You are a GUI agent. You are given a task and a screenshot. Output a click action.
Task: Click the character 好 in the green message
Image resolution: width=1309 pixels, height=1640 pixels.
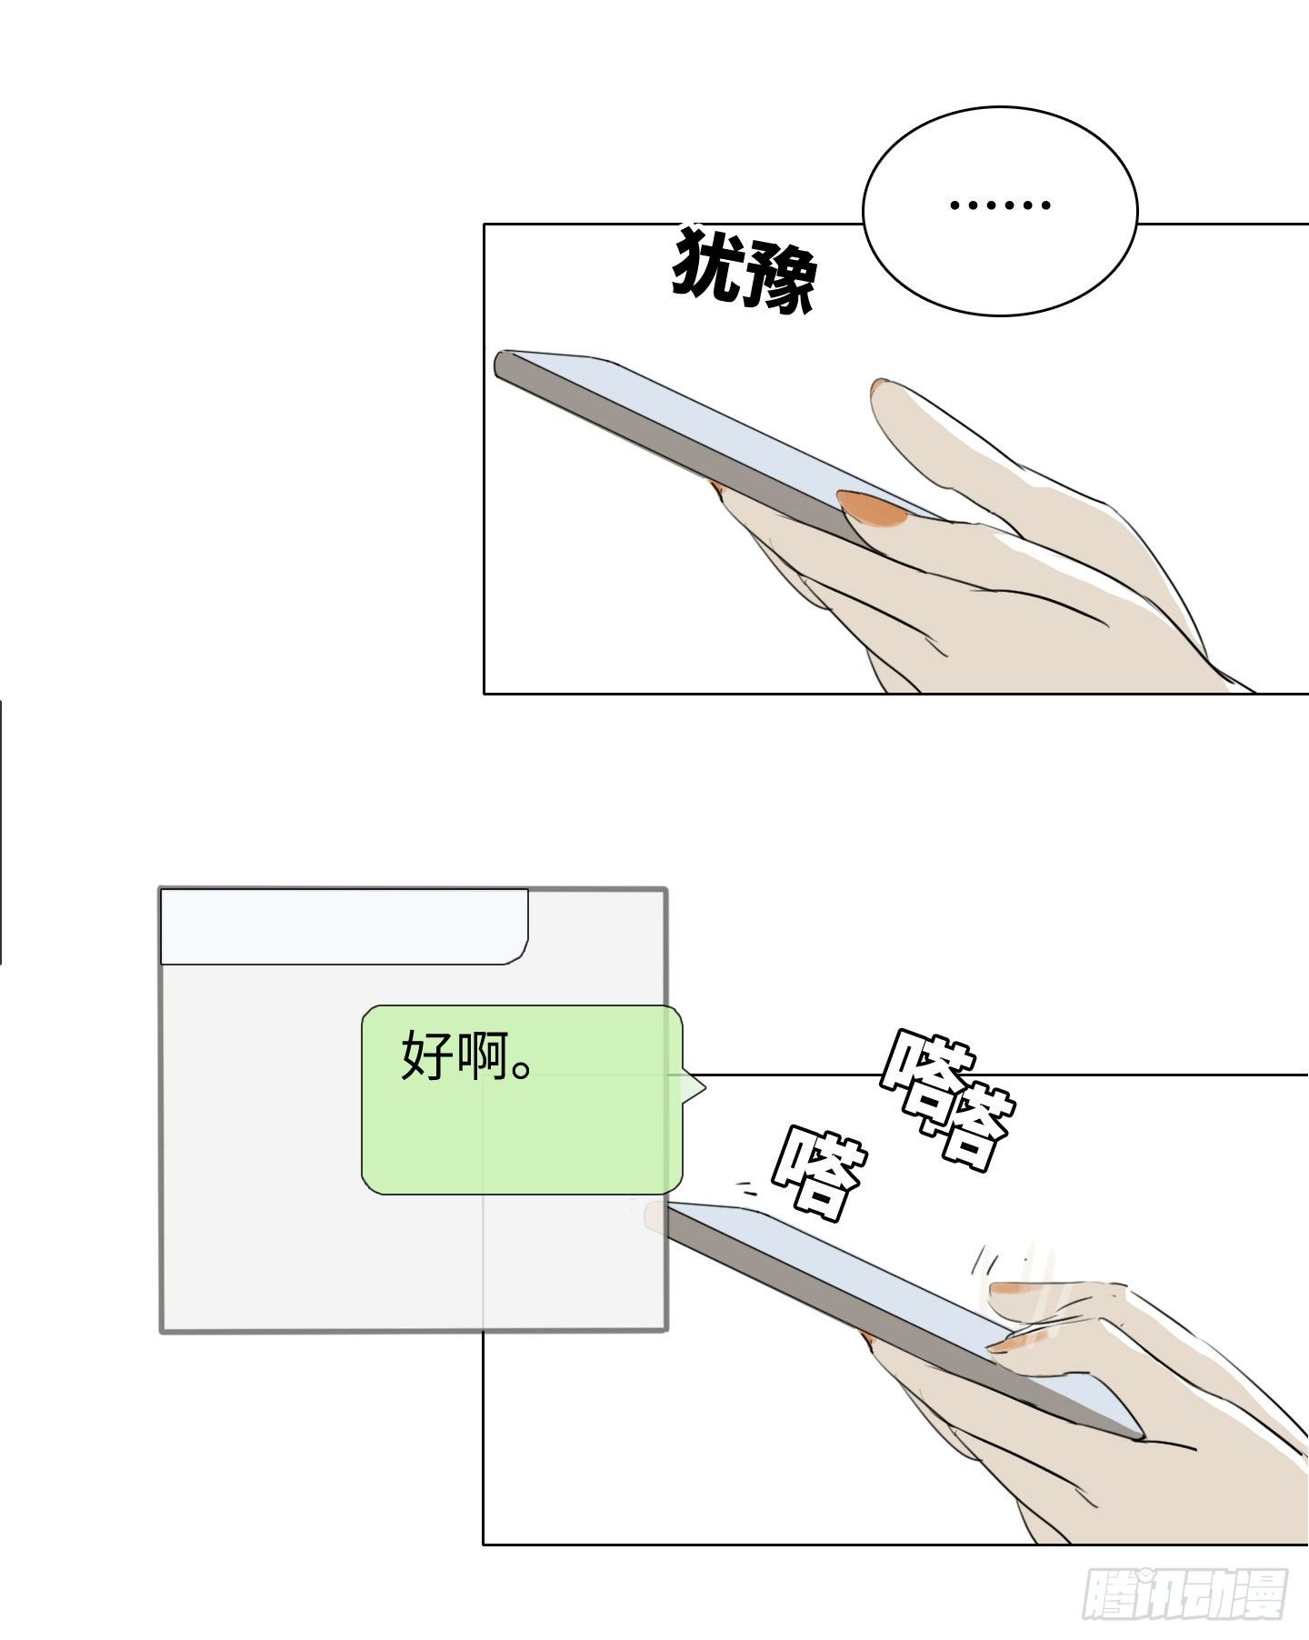pos(427,1055)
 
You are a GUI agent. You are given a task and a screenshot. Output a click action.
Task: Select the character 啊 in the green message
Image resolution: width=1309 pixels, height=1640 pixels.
pos(482,1055)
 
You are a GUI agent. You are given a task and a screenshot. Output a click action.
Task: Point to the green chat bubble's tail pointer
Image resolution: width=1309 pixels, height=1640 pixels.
pos(694,1086)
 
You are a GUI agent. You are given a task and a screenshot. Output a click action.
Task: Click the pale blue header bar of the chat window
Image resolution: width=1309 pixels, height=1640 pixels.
pos(344,926)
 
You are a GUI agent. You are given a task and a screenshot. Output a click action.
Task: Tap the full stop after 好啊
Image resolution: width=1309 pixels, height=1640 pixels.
pos(522,1069)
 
